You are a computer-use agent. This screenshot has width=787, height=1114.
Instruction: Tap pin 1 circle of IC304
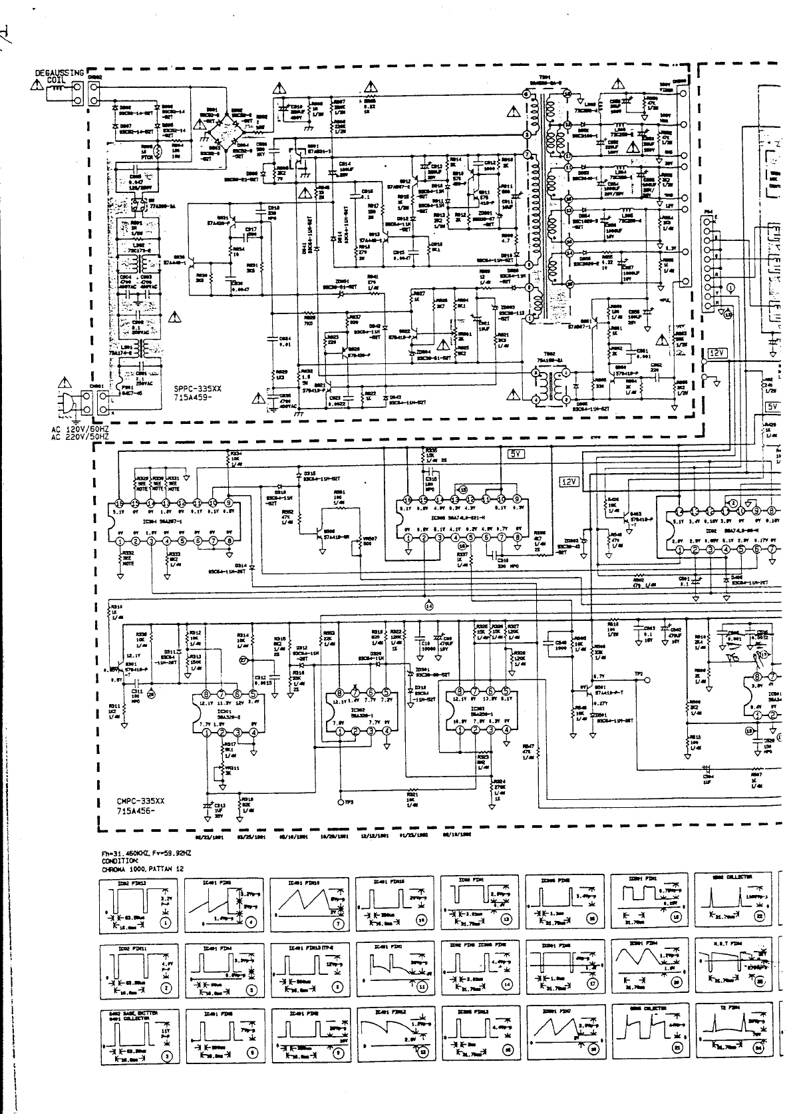[x=119, y=541]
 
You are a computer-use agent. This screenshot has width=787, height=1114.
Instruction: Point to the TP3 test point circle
[x=341, y=803]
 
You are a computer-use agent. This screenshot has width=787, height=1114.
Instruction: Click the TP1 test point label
[x=639, y=674]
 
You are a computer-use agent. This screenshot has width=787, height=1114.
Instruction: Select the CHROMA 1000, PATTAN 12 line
[x=142, y=869]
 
